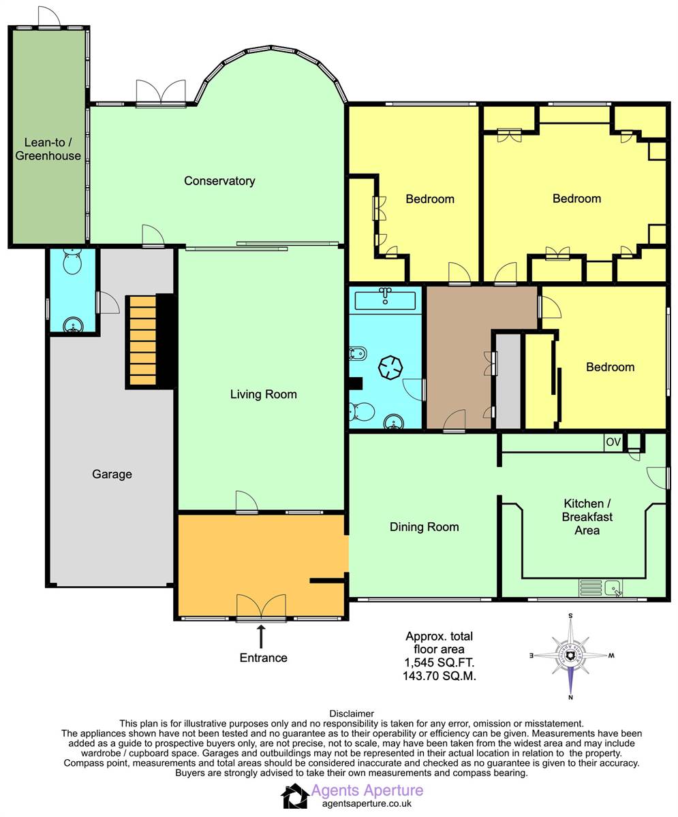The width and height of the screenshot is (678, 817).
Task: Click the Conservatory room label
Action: click(x=219, y=181)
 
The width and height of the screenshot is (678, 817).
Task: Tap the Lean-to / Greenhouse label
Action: click(x=48, y=149)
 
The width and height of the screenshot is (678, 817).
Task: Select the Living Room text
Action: click(x=263, y=394)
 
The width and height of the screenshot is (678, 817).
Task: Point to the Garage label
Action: click(x=112, y=475)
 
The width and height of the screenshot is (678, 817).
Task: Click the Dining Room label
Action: click(x=425, y=527)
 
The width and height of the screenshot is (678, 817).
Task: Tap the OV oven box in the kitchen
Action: click(x=613, y=442)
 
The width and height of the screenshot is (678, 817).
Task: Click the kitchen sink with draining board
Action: click(x=601, y=588)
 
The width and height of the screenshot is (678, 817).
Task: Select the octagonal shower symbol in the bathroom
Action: click(x=390, y=368)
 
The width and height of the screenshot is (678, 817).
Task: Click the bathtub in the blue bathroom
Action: click(x=385, y=300)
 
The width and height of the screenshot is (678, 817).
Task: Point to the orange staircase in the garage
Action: click(x=142, y=340)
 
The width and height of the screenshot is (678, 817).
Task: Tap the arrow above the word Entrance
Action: click(x=261, y=637)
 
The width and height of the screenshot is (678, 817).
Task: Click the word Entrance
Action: click(x=263, y=658)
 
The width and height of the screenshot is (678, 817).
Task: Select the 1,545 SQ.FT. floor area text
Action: click(x=439, y=662)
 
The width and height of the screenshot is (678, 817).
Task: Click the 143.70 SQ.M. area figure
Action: click(x=440, y=676)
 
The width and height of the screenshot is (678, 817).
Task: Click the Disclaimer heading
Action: click(x=352, y=714)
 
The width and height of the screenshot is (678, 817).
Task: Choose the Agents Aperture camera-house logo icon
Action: click(x=294, y=797)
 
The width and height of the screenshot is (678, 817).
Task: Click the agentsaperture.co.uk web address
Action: click(x=367, y=803)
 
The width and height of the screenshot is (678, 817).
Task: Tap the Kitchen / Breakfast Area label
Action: click(x=587, y=517)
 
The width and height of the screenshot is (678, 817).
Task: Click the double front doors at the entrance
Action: click(x=261, y=608)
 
